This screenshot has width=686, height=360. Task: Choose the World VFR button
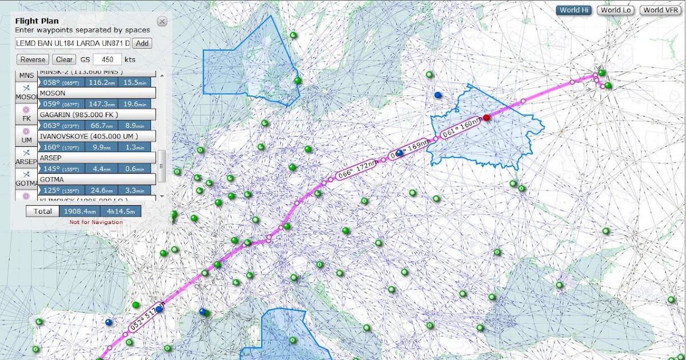point(660,10)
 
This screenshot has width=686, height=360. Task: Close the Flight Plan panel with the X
point(162,22)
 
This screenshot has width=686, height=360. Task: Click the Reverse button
point(33,59)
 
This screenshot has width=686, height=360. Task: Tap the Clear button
point(64,59)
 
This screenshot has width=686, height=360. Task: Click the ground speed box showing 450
point(107,59)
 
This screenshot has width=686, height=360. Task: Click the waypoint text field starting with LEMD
point(73,43)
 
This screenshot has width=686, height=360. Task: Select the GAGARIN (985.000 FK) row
point(96,114)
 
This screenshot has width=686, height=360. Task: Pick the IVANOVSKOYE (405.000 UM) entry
point(96,136)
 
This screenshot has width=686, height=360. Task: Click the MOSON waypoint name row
point(96,93)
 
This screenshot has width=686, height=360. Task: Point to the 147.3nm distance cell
point(102,104)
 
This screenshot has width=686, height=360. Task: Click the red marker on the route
point(486,118)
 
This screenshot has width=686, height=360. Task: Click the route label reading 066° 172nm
point(356,170)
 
